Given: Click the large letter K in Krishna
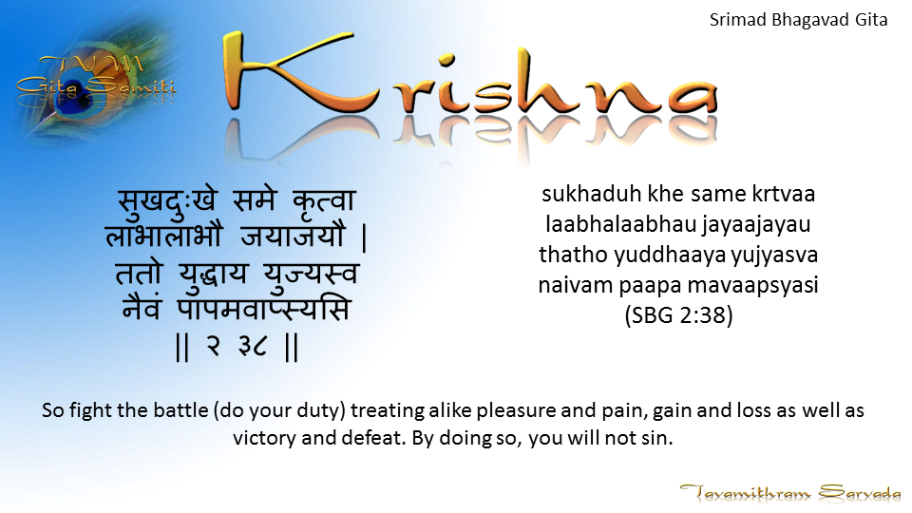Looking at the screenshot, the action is pyautogui.click(x=291, y=73).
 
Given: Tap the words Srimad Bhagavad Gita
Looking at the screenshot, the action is pyautogui.click(x=799, y=20).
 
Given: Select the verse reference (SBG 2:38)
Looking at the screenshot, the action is pyautogui.click(x=678, y=315).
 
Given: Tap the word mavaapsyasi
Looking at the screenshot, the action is pyautogui.click(x=753, y=286).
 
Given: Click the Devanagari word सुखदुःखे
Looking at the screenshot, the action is pyautogui.click(x=167, y=200).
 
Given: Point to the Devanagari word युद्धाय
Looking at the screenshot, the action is pyautogui.click(x=213, y=273).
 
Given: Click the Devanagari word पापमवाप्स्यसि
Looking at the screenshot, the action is pyautogui.click(x=264, y=308).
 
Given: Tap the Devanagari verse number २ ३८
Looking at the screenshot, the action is pyautogui.click(x=237, y=347).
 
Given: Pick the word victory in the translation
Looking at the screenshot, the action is pyautogui.click(x=265, y=438).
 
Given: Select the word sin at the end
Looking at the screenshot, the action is pyautogui.click(x=661, y=438).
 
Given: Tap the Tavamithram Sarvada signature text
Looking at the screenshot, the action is pyautogui.click(x=789, y=493).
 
